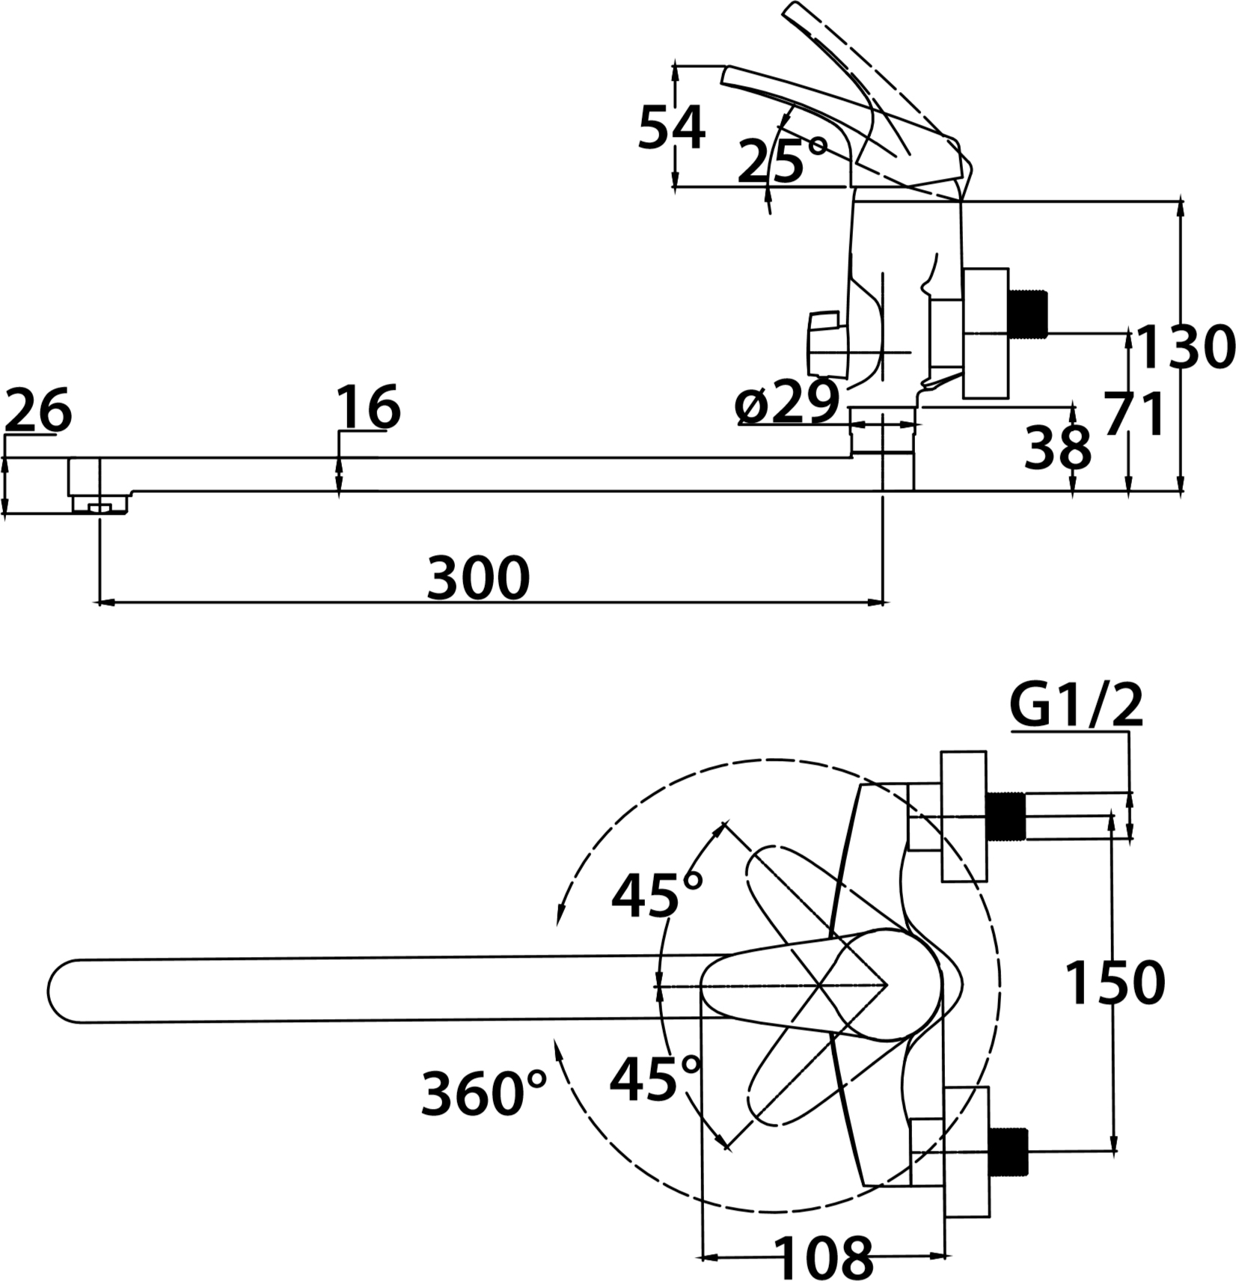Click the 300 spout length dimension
tap(478, 577)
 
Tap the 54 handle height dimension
tap(671, 128)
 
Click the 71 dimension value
tap(1134, 413)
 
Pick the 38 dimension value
tap(1058, 448)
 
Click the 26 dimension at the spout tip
tap(38, 410)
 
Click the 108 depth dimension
tap(823, 1257)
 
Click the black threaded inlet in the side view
tap(1027, 313)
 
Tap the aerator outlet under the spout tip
tap(100, 507)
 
